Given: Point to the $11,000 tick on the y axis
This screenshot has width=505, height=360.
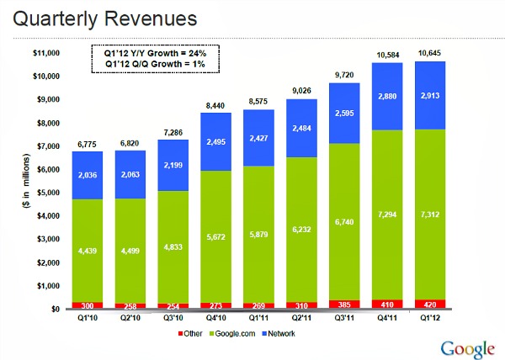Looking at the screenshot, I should coord(45,53).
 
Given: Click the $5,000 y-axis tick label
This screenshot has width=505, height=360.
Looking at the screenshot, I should coord(47,193).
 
